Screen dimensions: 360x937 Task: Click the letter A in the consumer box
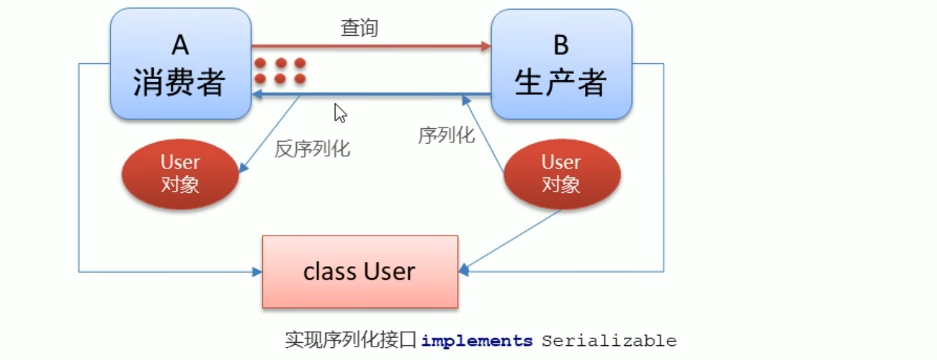point(180,45)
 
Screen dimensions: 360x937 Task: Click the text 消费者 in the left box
point(179,83)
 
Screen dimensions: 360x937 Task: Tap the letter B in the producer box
point(561,45)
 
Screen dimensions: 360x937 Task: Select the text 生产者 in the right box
point(561,83)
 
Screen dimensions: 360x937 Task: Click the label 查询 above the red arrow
point(360,28)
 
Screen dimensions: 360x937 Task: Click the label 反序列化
point(312,148)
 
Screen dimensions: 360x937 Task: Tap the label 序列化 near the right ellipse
point(447,135)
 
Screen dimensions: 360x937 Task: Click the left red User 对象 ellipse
point(180,174)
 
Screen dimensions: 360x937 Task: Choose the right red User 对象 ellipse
point(561,174)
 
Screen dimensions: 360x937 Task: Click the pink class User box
point(359,271)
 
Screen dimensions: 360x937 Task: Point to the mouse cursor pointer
point(340,113)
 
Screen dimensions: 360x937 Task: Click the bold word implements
point(477,341)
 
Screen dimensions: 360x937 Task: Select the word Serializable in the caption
point(609,341)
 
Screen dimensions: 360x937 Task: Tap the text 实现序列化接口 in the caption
point(350,341)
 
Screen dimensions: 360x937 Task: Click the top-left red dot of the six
point(261,63)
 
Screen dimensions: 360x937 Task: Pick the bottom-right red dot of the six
point(300,78)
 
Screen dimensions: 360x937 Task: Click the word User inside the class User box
point(390,271)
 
